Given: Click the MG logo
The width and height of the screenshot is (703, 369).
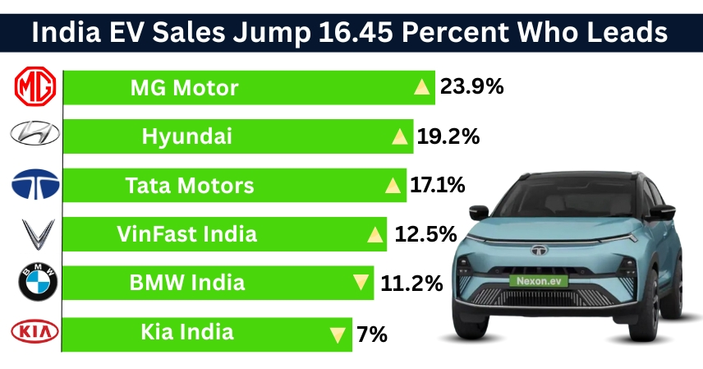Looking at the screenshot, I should point(34,87).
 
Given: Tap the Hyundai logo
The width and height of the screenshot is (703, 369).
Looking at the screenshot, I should point(34,136).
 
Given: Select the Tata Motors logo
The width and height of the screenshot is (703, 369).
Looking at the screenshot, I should point(34,186).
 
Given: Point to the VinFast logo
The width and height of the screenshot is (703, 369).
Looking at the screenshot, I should point(34,234).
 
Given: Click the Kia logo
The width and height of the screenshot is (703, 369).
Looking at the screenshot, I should point(34,332).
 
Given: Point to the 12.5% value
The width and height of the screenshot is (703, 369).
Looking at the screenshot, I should point(425,235).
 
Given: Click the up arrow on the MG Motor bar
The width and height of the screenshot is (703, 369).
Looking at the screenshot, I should point(422,87).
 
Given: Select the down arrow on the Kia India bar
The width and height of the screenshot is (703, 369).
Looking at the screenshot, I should point(337,334).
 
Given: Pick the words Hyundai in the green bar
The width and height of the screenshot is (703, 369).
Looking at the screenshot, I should point(186,136).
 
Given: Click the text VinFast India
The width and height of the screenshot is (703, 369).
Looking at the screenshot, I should point(187,234).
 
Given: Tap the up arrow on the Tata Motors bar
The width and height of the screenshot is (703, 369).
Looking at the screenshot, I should point(393,187).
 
